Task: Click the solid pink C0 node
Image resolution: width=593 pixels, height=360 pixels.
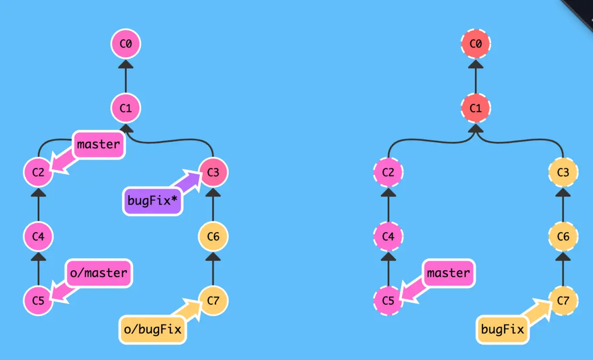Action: (126, 44)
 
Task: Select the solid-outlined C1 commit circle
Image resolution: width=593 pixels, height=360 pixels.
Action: (126, 108)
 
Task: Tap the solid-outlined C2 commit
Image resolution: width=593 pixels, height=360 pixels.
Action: (39, 172)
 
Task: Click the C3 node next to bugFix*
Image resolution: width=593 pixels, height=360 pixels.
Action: (213, 172)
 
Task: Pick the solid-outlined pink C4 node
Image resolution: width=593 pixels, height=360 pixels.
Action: (39, 236)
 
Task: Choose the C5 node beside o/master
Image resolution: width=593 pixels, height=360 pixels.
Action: (39, 301)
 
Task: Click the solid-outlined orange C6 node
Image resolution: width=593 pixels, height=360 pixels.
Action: (213, 236)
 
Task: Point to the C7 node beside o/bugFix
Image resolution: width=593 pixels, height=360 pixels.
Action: (213, 301)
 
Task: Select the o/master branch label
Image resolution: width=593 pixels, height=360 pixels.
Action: (99, 273)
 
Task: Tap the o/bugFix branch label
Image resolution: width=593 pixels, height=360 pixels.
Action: (153, 329)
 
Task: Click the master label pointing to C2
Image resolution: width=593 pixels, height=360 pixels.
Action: (99, 144)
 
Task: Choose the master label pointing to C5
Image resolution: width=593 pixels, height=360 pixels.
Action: (448, 273)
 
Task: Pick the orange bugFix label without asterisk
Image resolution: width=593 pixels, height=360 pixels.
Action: (503, 329)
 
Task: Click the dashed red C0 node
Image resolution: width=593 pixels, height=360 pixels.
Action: (475, 44)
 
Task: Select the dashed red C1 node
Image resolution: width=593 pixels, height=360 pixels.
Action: (475, 108)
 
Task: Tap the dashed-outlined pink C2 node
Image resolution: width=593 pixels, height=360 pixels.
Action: (388, 172)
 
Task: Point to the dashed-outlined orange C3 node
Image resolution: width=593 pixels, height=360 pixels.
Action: (563, 172)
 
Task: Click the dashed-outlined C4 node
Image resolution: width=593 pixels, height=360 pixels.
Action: (388, 236)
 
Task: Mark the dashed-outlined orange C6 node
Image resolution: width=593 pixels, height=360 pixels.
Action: (563, 236)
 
